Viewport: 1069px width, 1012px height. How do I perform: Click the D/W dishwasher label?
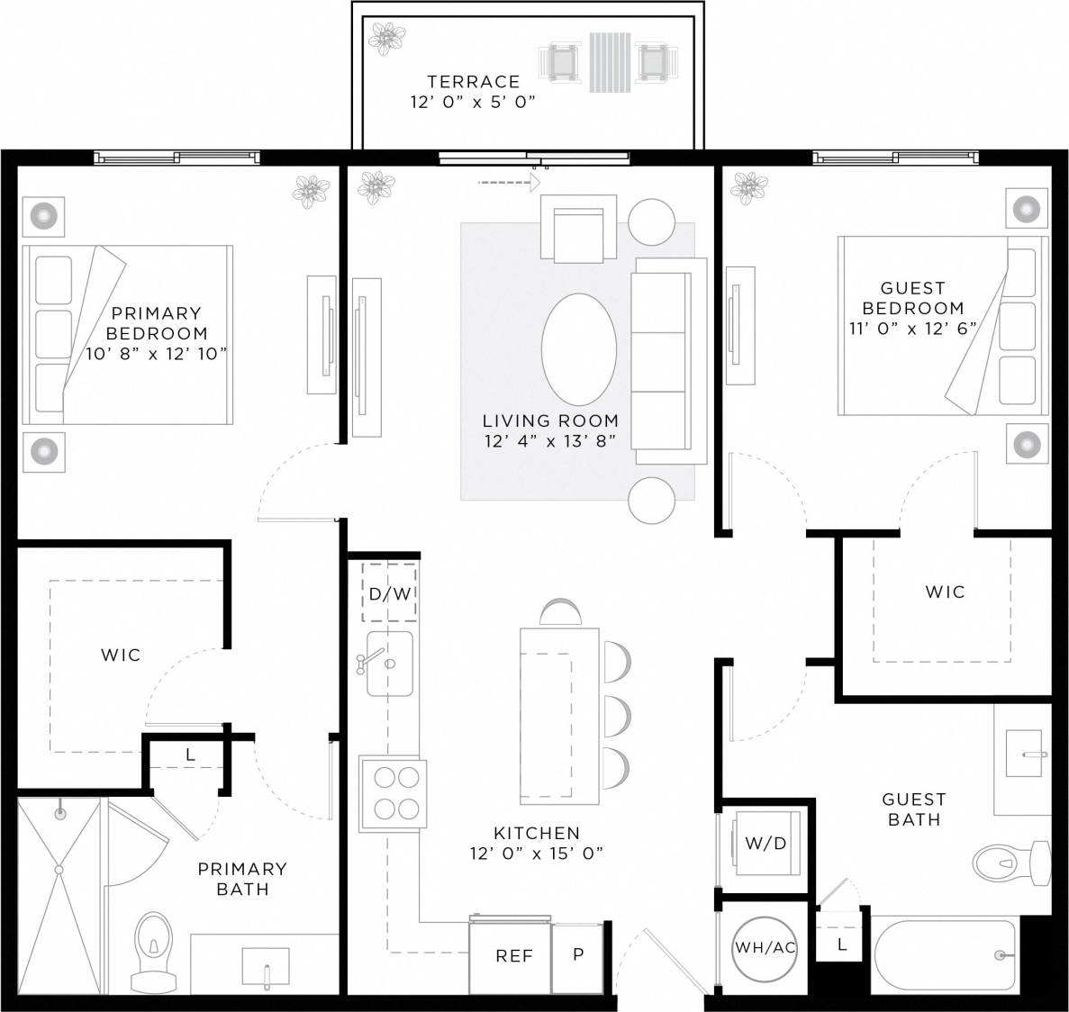coord(389,593)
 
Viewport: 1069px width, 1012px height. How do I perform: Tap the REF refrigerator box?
coord(513,956)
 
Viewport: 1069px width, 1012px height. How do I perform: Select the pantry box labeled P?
coord(578,954)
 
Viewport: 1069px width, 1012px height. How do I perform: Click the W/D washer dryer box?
coord(766,843)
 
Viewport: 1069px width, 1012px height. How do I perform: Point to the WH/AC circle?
coord(765,947)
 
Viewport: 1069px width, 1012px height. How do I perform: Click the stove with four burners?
coord(393,793)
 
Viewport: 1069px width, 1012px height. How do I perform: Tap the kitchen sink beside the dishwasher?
coord(389,664)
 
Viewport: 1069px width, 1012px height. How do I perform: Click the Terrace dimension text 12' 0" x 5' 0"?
coord(473,102)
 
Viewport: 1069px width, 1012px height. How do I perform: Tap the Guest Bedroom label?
coord(912,298)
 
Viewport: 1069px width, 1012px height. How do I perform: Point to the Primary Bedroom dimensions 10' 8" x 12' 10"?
coord(156,354)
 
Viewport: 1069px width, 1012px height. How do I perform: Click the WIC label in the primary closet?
coord(121,655)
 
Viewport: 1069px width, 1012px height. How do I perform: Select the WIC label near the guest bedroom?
coord(945,592)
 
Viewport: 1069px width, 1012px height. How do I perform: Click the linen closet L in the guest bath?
coord(841,944)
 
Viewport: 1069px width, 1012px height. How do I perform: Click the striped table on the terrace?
coord(612,62)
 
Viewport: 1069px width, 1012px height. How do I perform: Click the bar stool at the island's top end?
coord(559,612)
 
